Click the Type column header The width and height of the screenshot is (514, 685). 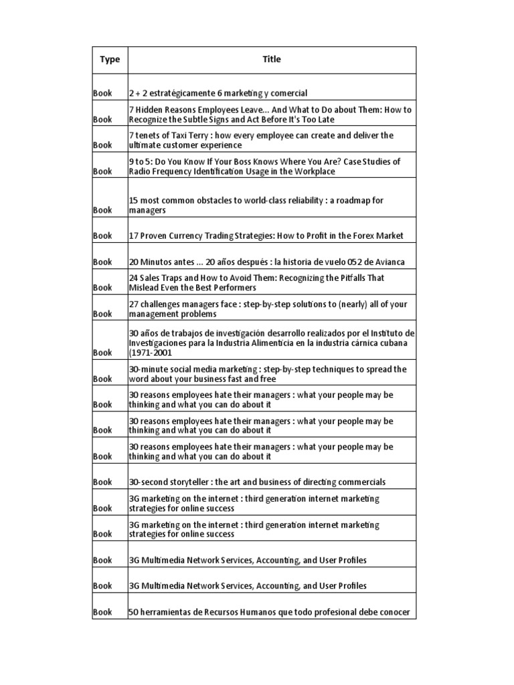point(110,60)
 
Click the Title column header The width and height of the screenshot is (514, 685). point(272,60)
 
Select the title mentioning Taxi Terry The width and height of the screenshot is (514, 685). point(261,140)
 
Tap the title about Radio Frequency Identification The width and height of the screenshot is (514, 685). point(264,167)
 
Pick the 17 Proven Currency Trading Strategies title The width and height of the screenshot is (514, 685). point(266,235)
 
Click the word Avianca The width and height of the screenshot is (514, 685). point(390,262)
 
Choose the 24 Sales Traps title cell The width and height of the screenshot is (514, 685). point(256,282)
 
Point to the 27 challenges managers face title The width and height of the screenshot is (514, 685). point(268,308)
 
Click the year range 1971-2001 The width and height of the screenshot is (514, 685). point(152,353)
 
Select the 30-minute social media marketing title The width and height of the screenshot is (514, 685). point(267,374)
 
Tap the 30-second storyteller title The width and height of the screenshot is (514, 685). point(256,482)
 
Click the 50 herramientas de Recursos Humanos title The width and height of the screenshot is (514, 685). point(268,612)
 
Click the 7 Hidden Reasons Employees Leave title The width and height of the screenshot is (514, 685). point(270,114)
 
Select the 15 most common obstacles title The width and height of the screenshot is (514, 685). point(256,205)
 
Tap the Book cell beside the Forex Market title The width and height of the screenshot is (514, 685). point(103,235)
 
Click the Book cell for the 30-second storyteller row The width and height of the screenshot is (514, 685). point(103,482)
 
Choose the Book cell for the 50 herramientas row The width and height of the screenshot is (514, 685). point(103,612)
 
